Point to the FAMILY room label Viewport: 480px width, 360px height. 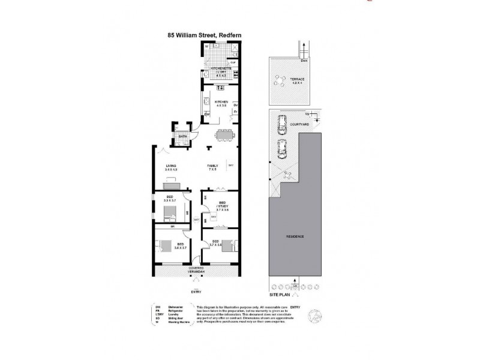(212, 166)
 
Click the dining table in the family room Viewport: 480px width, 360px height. (224, 135)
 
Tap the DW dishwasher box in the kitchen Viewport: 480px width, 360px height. (206, 115)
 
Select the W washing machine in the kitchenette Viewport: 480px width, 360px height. (206, 46)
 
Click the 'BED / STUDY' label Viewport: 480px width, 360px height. (222, 205)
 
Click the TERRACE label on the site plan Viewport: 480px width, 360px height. (297, 79)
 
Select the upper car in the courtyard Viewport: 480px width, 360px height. (280, 125)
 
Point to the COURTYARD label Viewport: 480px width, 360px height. (299, 124)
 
